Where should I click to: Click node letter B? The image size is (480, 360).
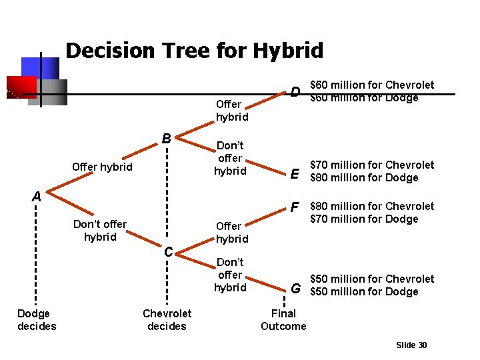point(167,139)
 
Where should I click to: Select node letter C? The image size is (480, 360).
point(169,251)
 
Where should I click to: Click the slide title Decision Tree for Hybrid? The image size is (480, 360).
point(194,51)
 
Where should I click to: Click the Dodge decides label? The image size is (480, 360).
point(37,319)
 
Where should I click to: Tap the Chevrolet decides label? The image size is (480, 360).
point(167,319)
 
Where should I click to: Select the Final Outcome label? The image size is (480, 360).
point(283,319)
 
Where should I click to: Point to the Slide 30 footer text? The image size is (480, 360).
point(411,345)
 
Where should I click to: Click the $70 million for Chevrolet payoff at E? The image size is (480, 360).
point(372,165)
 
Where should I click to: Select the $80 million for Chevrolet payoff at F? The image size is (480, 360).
point(372,206)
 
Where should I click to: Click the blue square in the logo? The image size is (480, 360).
point(40,67)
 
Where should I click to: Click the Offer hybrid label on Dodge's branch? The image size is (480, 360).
point(102,167)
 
